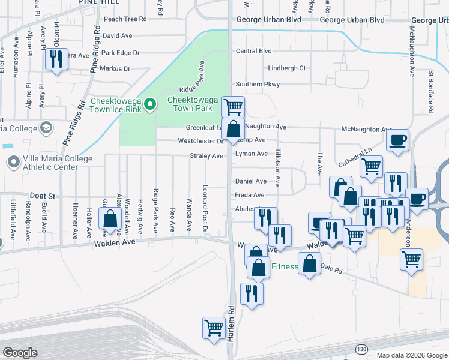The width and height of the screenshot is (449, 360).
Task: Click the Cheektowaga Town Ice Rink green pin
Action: (151, 107)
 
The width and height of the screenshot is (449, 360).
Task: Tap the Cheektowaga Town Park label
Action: (190, 104)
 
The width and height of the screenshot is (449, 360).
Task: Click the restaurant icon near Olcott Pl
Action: (57, 59)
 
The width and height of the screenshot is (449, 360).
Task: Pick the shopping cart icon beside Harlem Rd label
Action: (214, 328)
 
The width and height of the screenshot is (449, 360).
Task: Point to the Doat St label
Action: (43, 196)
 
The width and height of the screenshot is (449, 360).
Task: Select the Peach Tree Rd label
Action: (125, 19)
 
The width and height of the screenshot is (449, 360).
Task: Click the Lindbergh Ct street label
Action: (286, 68)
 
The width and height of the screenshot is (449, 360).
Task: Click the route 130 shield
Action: (361, 349)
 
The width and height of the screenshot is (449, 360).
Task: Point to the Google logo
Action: (20, 353)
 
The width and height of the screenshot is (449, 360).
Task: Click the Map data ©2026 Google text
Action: (411, 355)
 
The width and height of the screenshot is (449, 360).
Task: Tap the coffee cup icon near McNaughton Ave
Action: (397, 142)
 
